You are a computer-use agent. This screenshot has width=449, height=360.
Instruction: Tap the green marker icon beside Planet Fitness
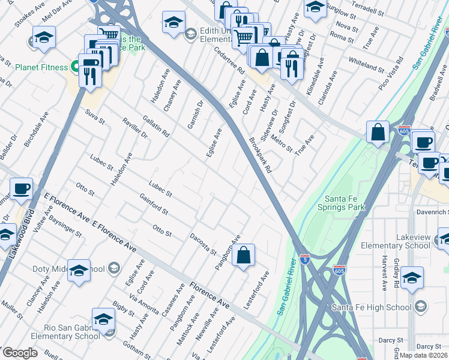tap(76, 66)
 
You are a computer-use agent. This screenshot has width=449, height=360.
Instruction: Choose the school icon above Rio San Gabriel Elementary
tap(103, 318)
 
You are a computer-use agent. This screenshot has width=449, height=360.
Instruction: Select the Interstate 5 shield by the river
tap(306, 259)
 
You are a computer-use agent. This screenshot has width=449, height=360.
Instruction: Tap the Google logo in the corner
tap(19, 353)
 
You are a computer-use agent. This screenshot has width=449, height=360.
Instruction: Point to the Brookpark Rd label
tap(261, 155)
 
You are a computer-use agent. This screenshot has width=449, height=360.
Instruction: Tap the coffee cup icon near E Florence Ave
tap(22, 188)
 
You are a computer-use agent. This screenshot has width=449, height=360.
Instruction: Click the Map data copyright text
tap(423, 355)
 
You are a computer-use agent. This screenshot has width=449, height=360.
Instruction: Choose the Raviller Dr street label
tap(134, 127)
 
